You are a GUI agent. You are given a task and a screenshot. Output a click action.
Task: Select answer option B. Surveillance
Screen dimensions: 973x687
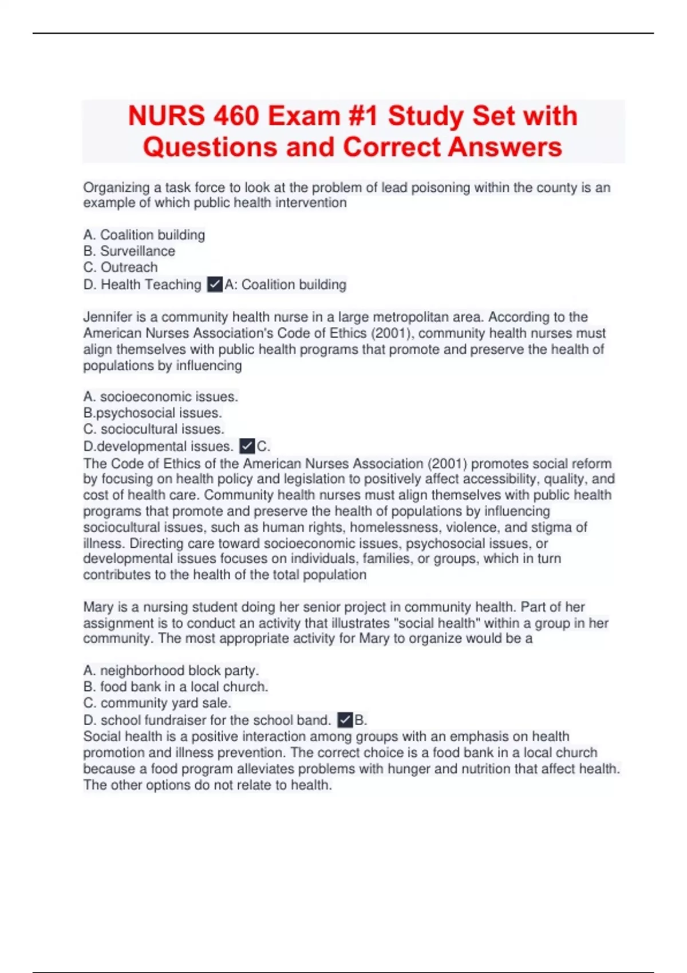(x=129, y=251)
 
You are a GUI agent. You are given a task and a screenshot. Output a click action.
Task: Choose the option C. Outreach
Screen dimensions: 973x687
(x=120, y=267)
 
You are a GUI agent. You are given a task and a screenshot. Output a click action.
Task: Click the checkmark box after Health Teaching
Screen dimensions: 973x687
(x=215, y=284)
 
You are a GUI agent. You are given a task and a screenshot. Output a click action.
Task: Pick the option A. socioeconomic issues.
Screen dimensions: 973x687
(x=160, y=397)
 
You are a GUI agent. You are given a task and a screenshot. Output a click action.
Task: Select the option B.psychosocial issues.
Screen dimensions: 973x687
(x=152, y=413)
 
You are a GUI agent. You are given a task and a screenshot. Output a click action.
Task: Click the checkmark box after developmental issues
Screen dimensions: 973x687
(x=247, y=446)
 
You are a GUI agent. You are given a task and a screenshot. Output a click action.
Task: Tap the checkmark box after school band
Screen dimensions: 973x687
(x=345, y=720)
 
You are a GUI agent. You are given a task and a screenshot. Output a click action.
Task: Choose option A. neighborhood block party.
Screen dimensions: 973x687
(x=171, y=670)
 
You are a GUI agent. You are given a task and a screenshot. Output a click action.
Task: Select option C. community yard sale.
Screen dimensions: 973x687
(x=157, y=703)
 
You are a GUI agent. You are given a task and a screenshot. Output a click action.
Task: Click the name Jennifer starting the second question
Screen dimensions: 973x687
(x=108, y=317)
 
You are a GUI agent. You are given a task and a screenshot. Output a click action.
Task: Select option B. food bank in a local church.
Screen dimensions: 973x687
(x=175, y=687)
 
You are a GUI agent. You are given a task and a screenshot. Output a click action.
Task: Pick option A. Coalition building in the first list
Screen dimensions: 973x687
(x=144, y=235)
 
